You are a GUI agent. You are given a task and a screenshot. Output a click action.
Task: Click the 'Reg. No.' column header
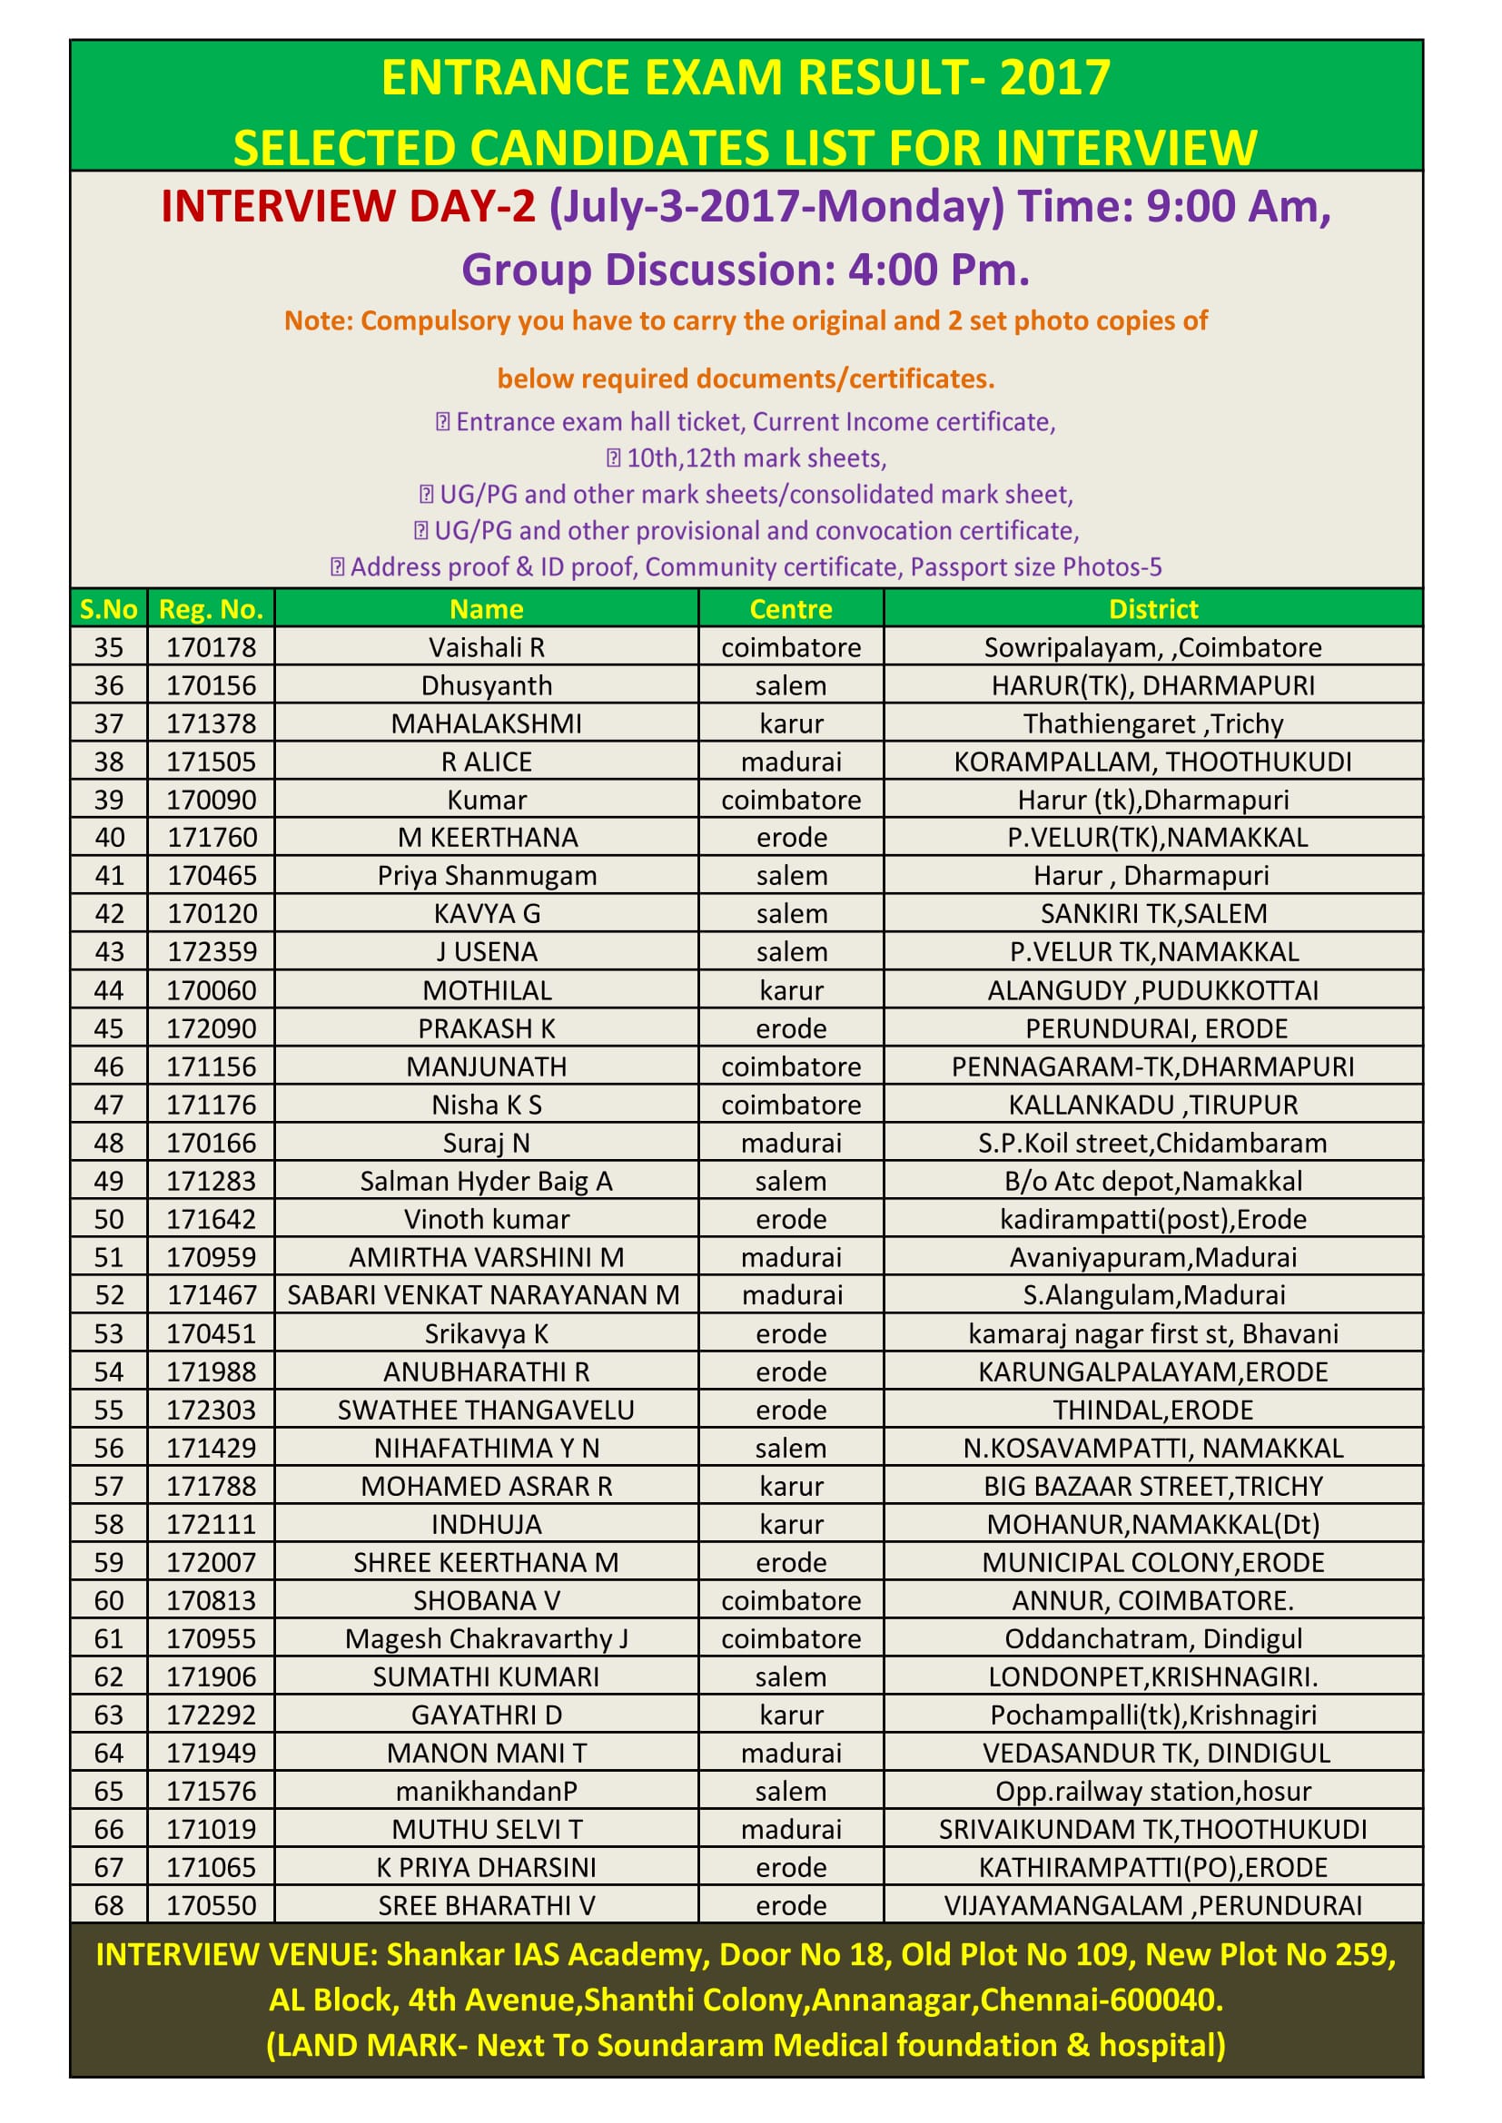point(211,608)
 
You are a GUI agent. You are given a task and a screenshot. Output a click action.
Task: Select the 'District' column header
point(1152,608)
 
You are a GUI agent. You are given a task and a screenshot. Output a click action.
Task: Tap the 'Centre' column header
point(791,608)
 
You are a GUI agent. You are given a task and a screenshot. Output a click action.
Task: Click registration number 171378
point(211,723)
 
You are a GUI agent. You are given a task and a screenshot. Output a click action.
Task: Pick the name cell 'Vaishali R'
point(487,647)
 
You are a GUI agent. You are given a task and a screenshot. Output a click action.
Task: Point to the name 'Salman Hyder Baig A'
point(487,1181)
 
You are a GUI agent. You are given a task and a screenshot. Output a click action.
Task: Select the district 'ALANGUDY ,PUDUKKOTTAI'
point(1152,990)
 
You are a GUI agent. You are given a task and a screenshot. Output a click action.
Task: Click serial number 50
point(108,1219)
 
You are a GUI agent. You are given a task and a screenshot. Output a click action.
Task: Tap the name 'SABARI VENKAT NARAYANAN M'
point(484,1294)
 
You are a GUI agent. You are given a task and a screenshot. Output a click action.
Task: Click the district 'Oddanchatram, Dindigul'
point(1152,1638)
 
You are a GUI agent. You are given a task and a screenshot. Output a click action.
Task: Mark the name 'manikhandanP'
point(487,1791)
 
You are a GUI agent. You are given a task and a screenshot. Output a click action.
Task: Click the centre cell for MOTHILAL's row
point(791,990)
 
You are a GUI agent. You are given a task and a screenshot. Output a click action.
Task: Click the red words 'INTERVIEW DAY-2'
point(348,205)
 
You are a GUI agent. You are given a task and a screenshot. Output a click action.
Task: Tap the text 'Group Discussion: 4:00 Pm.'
point(746,270)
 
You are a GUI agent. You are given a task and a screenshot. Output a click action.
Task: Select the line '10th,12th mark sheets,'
point(756,457)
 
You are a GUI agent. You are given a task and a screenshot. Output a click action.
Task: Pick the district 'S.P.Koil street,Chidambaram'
point(1152,1143)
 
